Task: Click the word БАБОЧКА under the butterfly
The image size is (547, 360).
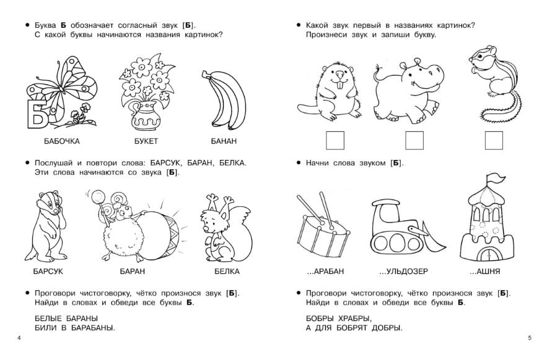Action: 62,141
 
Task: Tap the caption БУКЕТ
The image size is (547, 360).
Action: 146,141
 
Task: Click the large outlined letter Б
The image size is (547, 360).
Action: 37,114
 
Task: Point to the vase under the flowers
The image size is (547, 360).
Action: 146,115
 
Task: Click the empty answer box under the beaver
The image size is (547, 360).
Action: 335,141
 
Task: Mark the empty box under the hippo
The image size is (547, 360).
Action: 414,141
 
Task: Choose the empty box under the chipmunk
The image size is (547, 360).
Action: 494,141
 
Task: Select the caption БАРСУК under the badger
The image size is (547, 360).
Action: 48,271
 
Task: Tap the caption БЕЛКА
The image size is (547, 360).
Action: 227,271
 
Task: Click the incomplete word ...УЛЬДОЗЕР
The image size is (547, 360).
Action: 404,271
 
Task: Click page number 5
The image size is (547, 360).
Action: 530,338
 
